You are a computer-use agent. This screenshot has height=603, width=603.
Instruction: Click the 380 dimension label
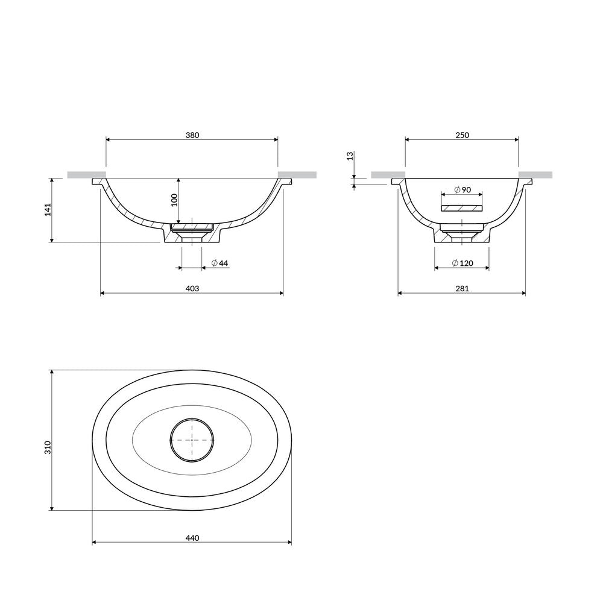192,135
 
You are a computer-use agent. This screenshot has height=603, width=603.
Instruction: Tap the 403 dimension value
192,288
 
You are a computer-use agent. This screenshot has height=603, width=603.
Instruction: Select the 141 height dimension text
48,210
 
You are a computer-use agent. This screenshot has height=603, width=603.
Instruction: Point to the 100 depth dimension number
174,200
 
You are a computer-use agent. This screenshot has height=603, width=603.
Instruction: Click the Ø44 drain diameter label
220,263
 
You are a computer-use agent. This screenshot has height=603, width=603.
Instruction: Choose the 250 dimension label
463,135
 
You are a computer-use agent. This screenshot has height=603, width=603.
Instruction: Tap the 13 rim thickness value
350,156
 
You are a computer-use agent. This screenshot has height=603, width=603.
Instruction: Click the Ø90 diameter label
463,189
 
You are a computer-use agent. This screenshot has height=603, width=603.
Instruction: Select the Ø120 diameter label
463,263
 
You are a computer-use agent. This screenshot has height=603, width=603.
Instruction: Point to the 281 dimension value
463,288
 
